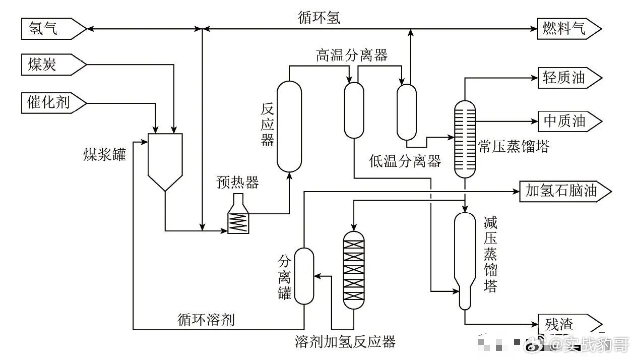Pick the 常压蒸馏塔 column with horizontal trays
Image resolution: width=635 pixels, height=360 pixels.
point(465,139)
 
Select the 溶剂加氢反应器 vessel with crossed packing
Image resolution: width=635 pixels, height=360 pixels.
point(353,270)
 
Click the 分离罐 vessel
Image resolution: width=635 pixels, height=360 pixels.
point(304,276)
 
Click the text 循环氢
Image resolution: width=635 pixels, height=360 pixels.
point(319,19)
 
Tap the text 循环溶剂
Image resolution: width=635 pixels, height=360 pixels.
point(206,320)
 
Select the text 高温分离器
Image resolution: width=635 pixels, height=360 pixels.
point(352,55)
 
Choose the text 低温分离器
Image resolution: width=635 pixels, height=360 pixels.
point(405,161)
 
